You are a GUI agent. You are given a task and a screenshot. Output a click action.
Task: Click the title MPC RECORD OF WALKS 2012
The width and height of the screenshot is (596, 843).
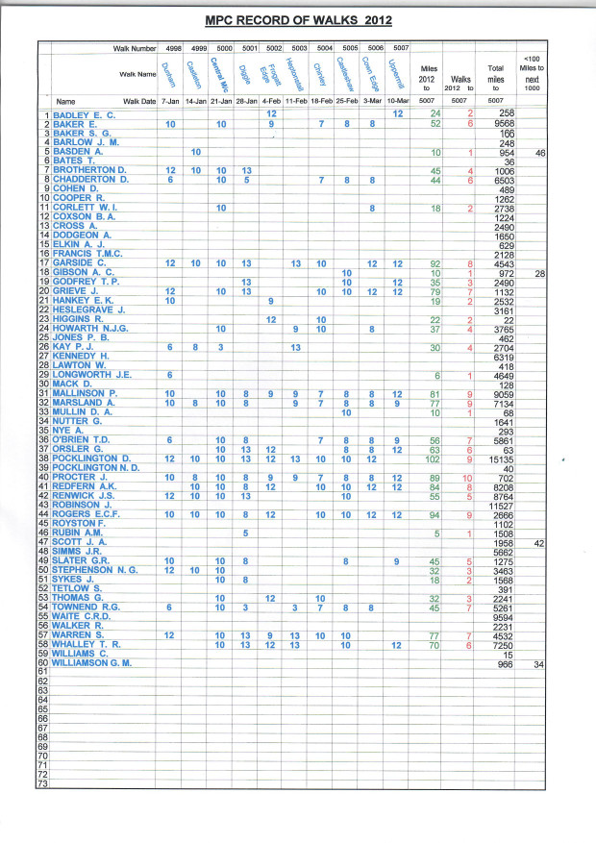(x=299, y=18)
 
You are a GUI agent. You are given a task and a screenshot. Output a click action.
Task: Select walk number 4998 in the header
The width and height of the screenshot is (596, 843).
(x=174, y=47)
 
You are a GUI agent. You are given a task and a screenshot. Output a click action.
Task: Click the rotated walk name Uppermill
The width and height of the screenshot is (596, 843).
(x=395, y=71)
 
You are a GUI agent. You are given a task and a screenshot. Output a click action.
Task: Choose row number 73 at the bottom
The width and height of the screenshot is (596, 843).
(x=42, y=784)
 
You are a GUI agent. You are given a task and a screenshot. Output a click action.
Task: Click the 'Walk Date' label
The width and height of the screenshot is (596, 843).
(x=139, y=101)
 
